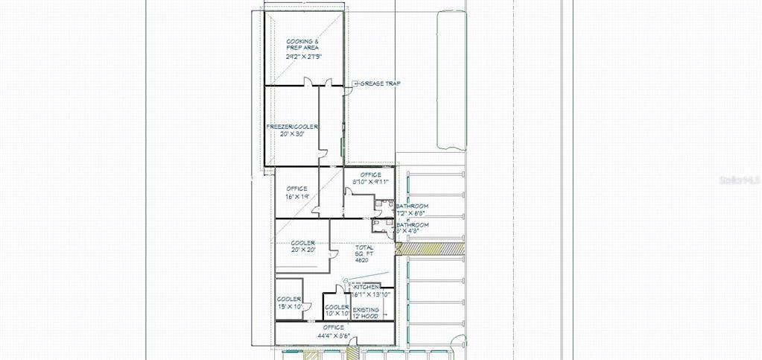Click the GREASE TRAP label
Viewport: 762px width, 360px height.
coord(380,83)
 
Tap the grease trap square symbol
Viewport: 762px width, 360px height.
coord(355,83)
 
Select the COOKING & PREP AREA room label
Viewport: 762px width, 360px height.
coord(302,44)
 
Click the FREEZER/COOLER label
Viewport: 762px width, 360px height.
coord(292,127)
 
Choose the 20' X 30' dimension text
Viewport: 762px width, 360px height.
coord(292,135)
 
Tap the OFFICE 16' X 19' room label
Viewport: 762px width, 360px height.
coord(297,192)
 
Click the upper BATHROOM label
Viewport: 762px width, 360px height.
coord(412,206)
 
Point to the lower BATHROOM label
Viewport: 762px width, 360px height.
coord(412,225)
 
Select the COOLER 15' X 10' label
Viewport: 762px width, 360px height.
coord(288,303)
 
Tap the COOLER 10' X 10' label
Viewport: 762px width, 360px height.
coord(337,311)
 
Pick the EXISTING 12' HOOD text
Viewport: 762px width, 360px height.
coord(365,313)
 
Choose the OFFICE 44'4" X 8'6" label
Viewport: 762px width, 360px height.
coord(334,331)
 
